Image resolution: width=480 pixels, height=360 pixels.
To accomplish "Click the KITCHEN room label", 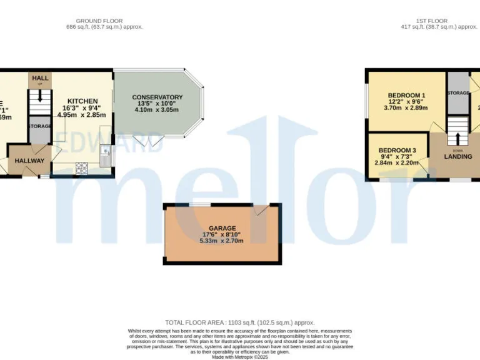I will coord(82,101).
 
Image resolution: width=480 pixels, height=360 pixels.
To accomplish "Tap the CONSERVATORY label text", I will coord(157,97).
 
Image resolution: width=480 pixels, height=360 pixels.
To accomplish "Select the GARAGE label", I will coord(222,229).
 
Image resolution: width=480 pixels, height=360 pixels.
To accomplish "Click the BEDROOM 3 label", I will coord(397,151).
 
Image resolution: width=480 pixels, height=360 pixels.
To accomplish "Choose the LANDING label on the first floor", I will coord(458,156).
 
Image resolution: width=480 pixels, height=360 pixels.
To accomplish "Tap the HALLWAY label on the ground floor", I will coord(30,161).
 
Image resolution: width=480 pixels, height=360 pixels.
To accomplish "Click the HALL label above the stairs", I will coord(40,78).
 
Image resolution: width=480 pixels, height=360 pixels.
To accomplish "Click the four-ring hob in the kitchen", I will coord(81,167).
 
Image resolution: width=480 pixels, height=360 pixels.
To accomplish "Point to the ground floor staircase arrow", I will coord(40,97).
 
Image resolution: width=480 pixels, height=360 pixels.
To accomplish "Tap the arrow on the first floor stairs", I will coord(457,137).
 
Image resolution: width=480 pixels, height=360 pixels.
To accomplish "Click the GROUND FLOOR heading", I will coord(104,21).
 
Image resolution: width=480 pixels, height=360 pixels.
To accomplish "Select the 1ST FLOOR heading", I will coord(433,21).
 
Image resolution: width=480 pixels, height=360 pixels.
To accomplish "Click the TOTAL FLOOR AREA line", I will coord(240,322).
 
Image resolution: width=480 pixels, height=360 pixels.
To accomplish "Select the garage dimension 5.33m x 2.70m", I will coord(222,241).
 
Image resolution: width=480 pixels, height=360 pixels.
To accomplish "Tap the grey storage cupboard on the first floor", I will coord(457,93).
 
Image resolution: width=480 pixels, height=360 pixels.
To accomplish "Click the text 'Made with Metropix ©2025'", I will coord(240,356).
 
